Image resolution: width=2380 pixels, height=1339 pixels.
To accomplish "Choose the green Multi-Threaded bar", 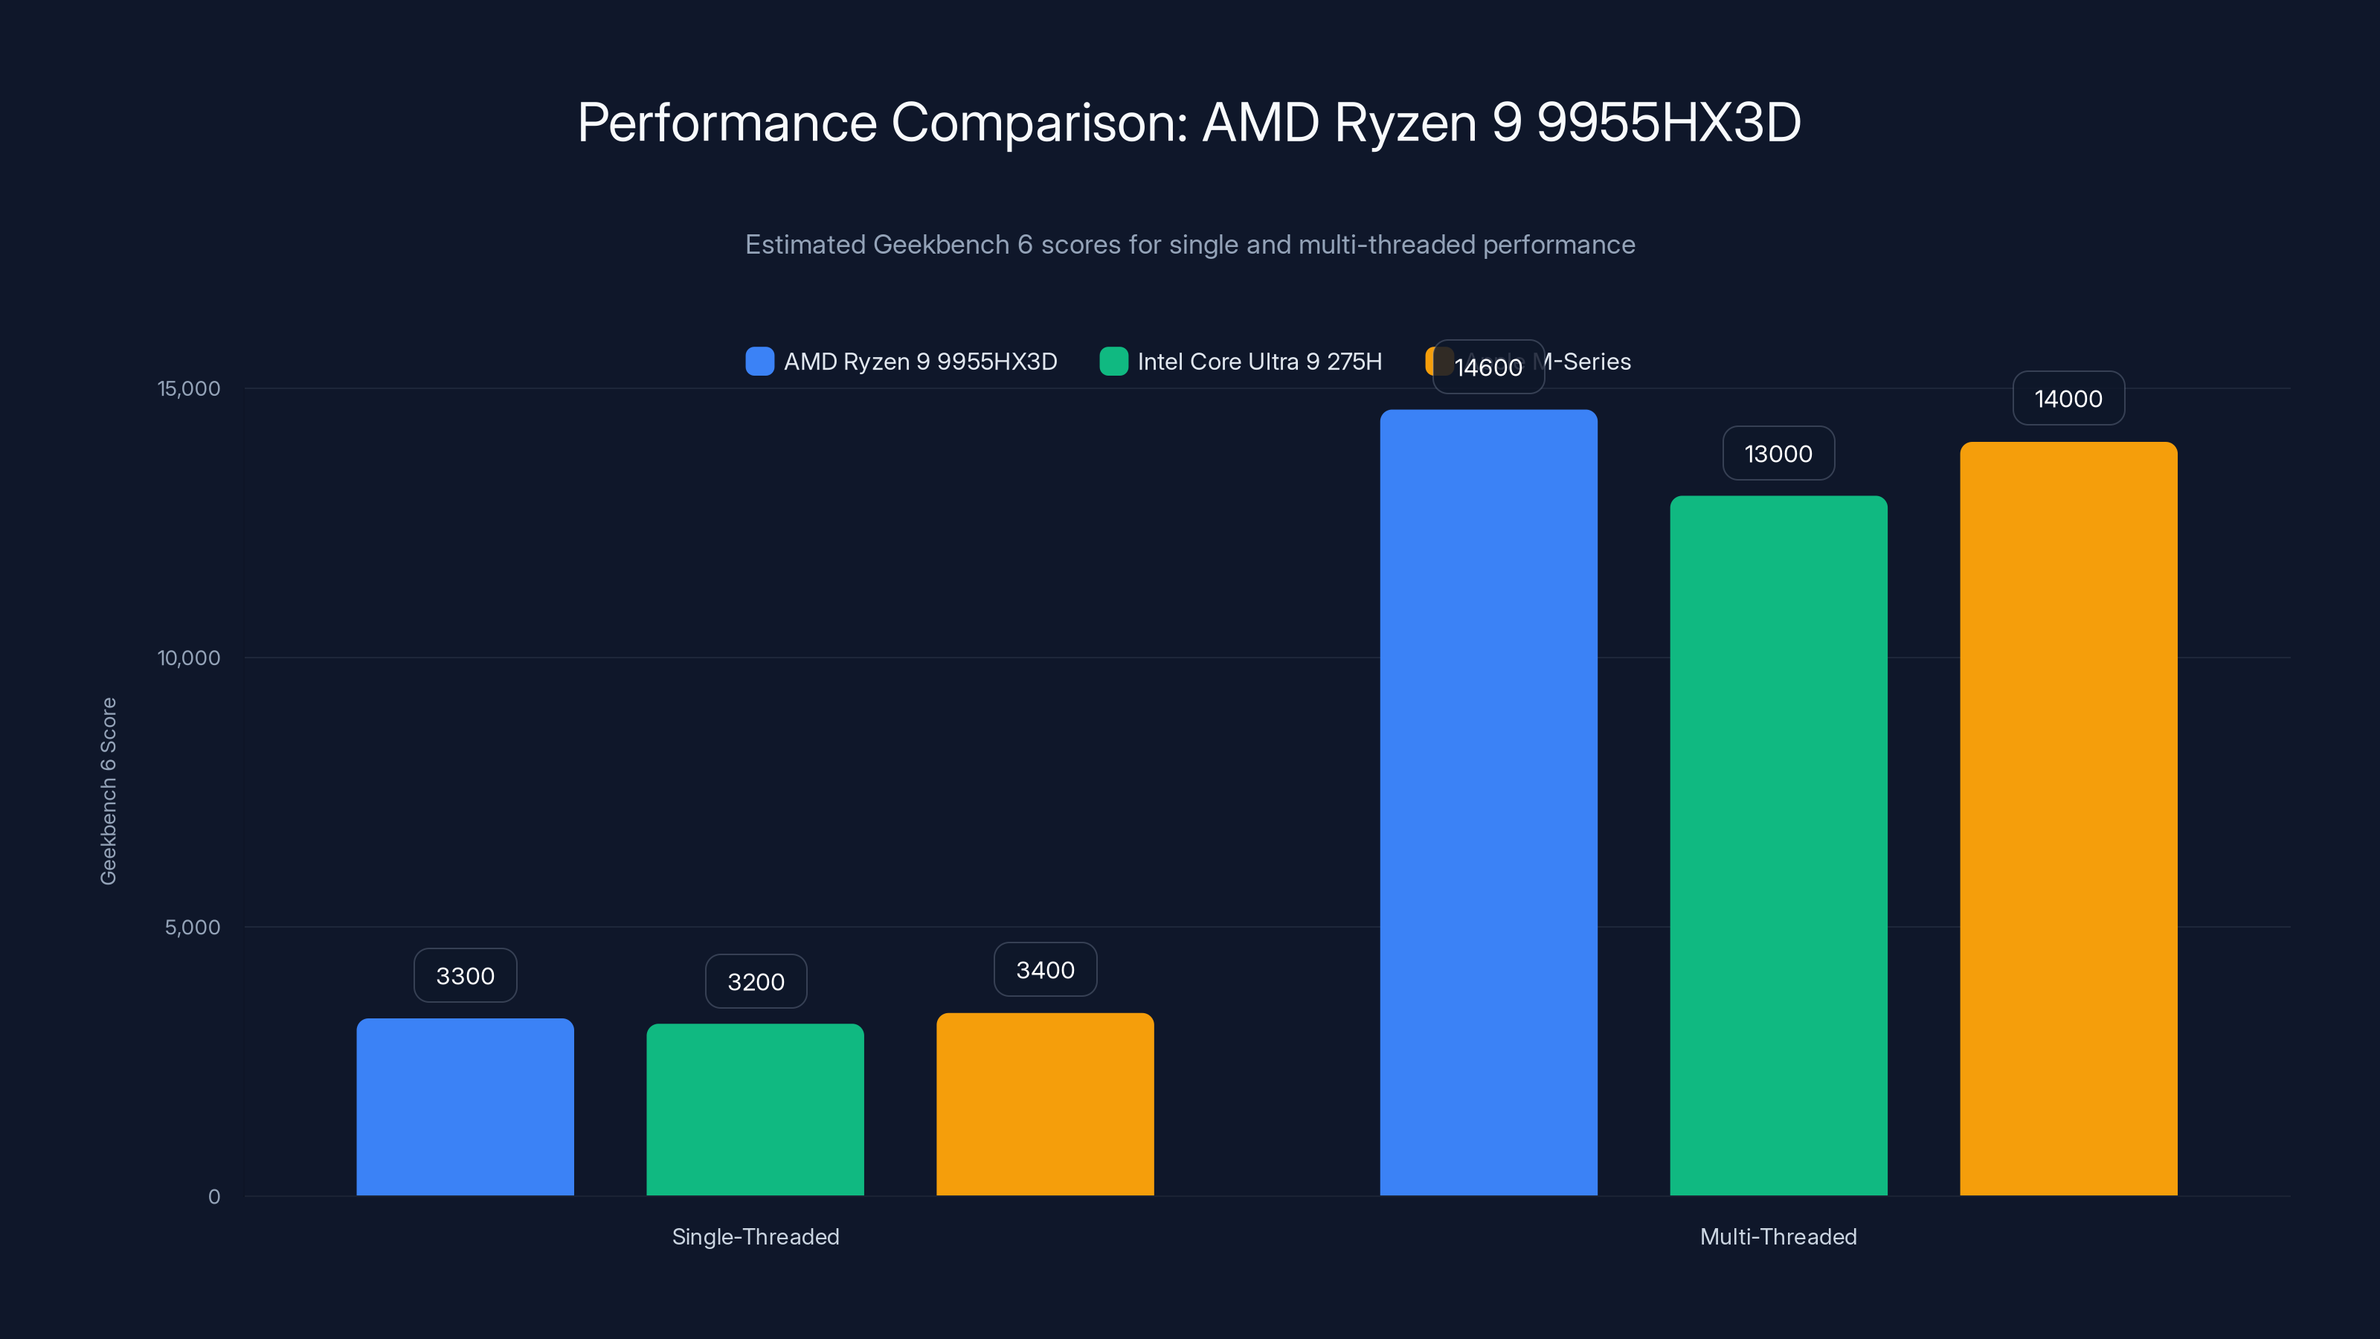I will pyautogui.click(x=1778, y=846).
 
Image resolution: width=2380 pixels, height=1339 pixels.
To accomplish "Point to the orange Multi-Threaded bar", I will pyautogui.click(x=2068, y=819).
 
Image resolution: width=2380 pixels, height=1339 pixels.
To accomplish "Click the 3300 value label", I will pyautogui.click(x=465, y=976).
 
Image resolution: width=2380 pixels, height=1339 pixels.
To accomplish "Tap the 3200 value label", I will pyautogui.click(x=756, y=981).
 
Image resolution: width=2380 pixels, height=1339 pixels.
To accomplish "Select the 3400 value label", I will pyautogui.click(x=1045, y=969).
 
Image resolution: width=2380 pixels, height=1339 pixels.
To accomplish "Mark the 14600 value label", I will pyautogui.click(x=1488, y=367).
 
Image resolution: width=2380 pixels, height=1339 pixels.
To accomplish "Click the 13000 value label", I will pyautogui.click(x=1778, y=454).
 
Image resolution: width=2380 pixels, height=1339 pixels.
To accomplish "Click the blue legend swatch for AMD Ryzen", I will pyautogui.click(x=759, y=362).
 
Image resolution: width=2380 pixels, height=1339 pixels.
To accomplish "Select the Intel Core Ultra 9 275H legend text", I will pyautogui.click(x=1259, y=362).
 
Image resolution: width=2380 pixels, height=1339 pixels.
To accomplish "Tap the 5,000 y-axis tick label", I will pyautogui.click(x=192, y=927).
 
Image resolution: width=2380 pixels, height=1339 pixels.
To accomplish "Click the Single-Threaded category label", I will pyautogui.click(x=755, y=1236).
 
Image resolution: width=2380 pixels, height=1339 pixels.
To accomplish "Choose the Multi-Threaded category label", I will pyautogui.click(x=1778, y=1236).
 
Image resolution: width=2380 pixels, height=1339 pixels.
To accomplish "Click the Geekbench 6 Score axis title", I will pyautogui.click(x=108, y=791).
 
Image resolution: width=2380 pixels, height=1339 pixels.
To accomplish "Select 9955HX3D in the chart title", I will pyautogui.click(x=1667, y=122).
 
